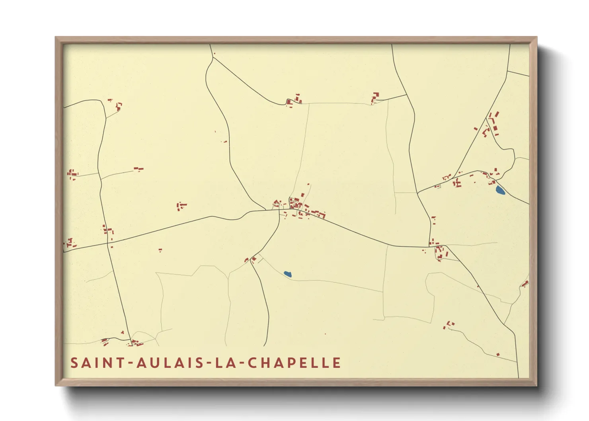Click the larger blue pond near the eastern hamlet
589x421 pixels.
click(x=500, y=191)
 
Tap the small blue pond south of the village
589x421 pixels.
click(x=287, y=274)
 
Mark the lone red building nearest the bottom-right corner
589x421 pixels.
click(x=498, y=354)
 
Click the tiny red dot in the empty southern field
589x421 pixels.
click(x=325, y=334)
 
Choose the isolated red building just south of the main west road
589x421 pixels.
click(x=160, y=250)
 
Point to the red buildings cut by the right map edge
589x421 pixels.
click(x=525, y=284)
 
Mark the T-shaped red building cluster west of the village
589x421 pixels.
click(x=181, y=206)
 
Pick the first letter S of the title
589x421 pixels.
click(x=74, y=363)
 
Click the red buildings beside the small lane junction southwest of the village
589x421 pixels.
click(x=251, y=260)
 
